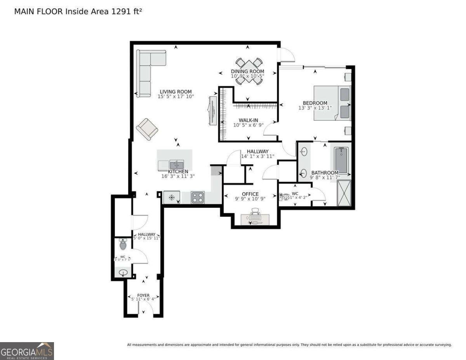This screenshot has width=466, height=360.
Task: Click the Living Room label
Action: tap(176, 92)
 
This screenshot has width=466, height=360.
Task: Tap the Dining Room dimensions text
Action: tap(248, 76)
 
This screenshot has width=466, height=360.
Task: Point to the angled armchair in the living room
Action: tap(147, 129)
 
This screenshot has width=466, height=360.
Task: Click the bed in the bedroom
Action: tap(332, 103)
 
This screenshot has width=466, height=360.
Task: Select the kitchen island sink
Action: tap(177, 165)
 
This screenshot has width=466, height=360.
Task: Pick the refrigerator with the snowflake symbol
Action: tap(171, 197)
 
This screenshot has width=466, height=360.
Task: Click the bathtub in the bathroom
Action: tap(341, 160)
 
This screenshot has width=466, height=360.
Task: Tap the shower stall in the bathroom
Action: tap(344, 193)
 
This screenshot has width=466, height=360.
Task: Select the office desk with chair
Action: tap(255, 217)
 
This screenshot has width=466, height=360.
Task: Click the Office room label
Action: tap(250, 194)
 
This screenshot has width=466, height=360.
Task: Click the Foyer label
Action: tap(143, 295)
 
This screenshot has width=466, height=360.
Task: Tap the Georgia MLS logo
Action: tap(27, 351)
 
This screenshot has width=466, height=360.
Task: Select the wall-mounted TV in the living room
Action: tap(213, 110)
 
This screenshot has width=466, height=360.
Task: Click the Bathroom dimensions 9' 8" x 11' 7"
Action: tap(325, 177)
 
